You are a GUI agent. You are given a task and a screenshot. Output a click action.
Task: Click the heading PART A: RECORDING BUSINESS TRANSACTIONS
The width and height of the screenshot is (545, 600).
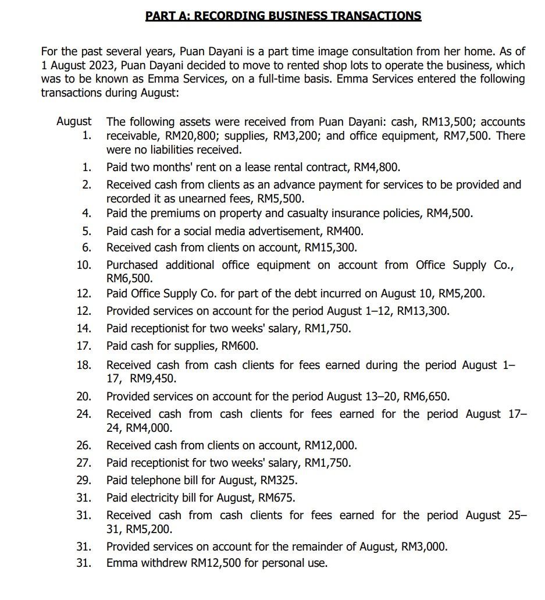283,16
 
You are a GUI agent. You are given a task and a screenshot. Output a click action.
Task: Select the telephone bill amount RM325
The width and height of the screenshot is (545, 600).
277,481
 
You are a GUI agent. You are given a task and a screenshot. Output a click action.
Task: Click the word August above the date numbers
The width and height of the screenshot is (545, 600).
74,122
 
